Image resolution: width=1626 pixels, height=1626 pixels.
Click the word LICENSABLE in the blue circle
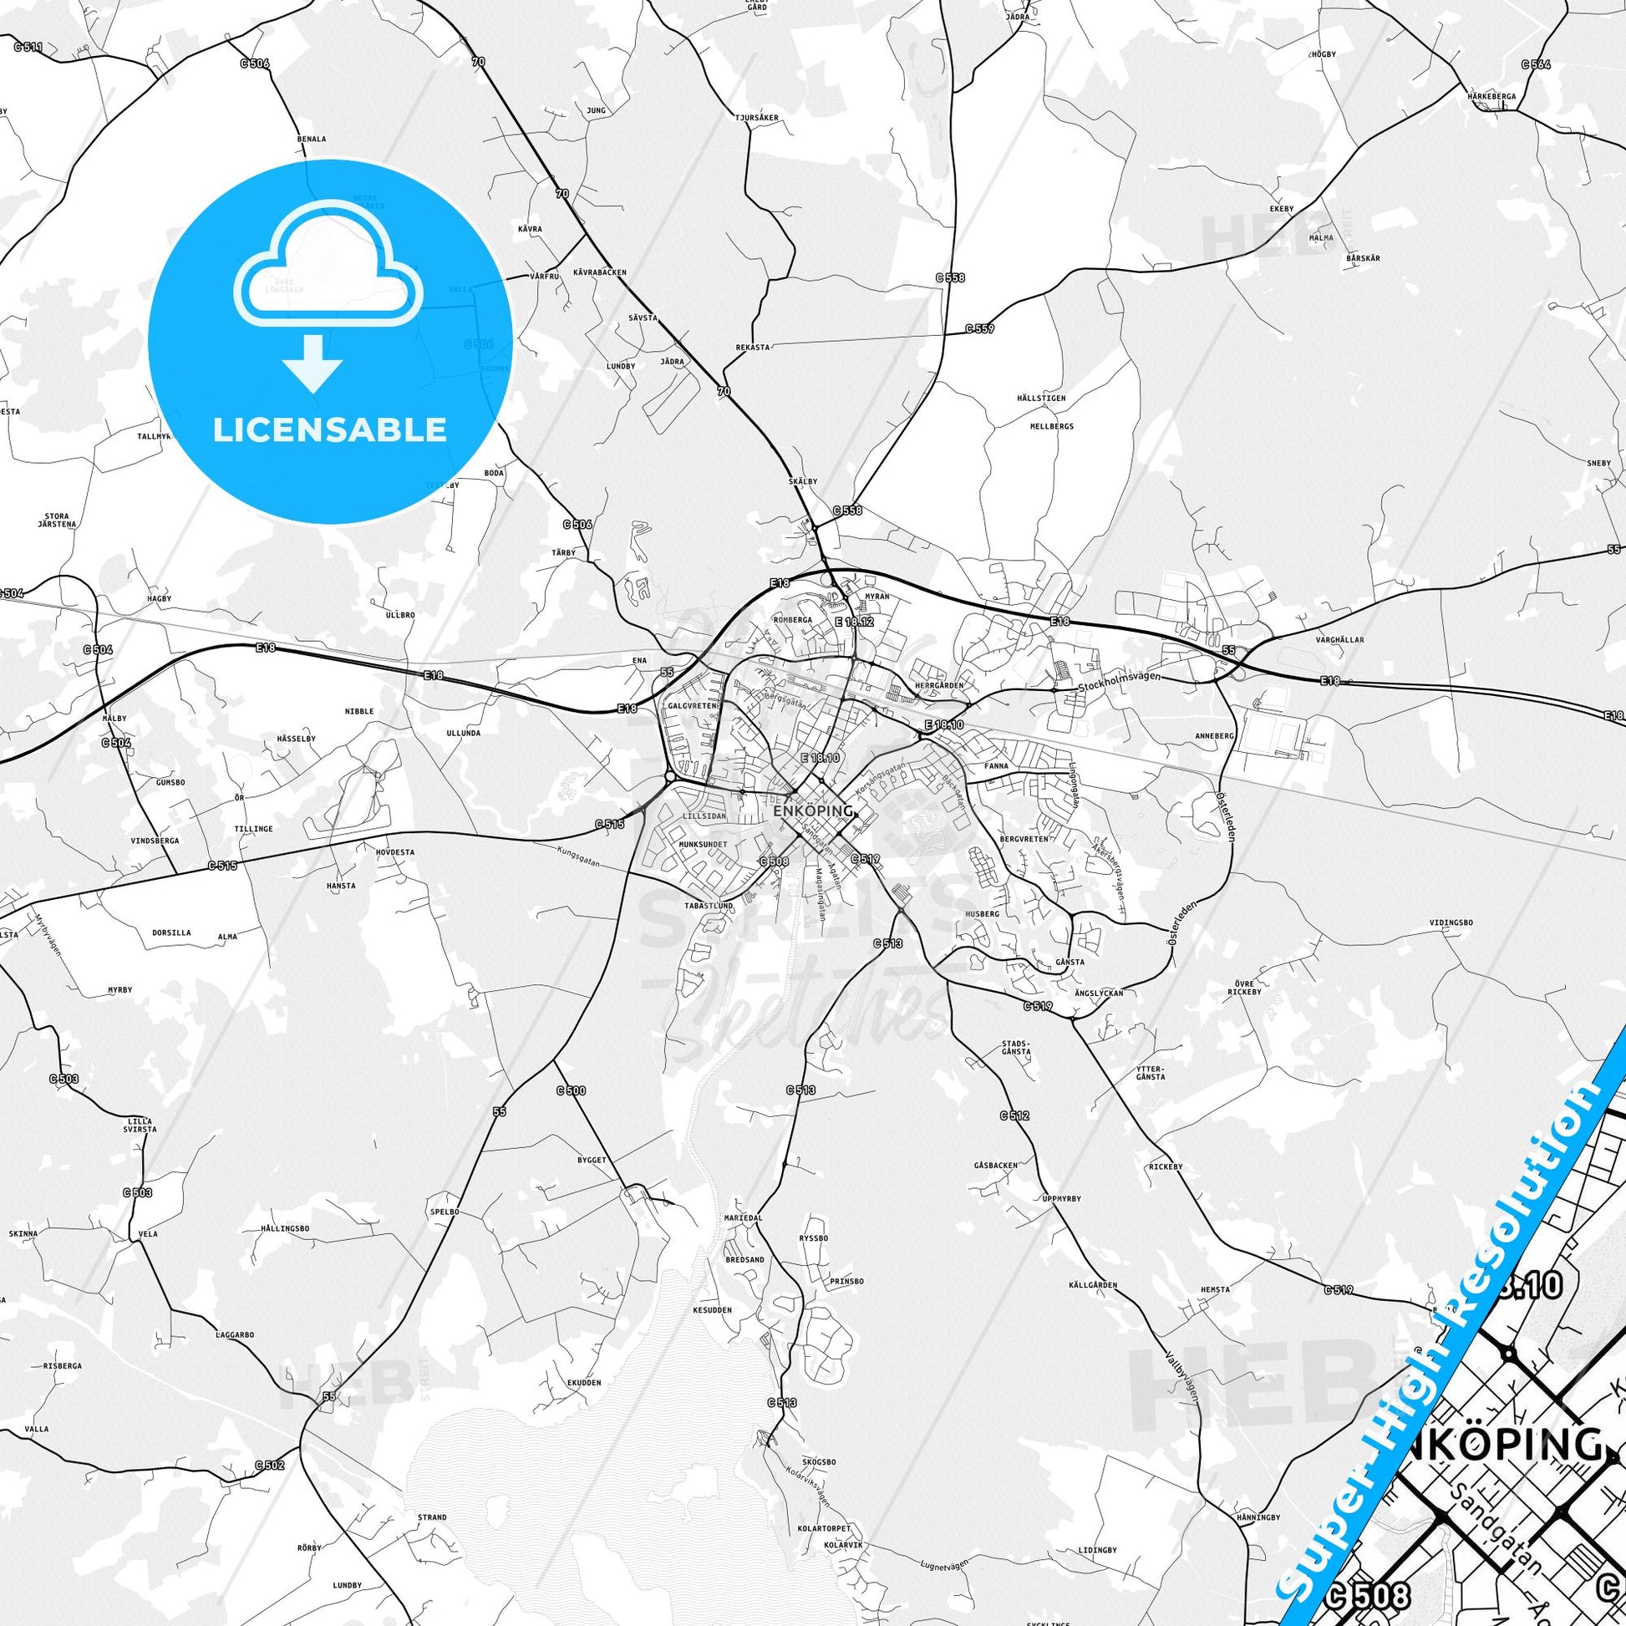click(x=329, y=429)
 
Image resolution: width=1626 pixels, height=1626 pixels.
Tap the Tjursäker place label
click(x=756, y=118)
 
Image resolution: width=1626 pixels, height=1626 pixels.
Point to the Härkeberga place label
click(x=1491, y=96)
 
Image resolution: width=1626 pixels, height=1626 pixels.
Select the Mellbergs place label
click(x=1052, y=427)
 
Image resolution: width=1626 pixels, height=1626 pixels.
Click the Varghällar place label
click(x=1340, y=640)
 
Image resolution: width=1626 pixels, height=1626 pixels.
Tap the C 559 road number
click(x=979, y=328)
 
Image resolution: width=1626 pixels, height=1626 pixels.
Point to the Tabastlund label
click(x=710, y=906)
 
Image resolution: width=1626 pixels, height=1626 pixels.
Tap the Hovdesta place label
click(x=395, y=851)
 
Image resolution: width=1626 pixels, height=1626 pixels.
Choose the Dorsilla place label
click(x=171, y=932)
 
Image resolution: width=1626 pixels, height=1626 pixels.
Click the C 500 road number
click(x=571, y=1090)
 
